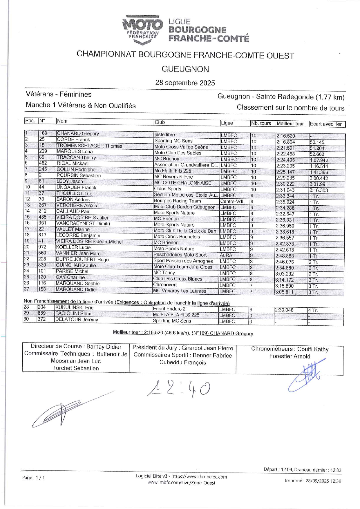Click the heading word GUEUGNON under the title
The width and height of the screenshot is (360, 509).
[x=185, y=69]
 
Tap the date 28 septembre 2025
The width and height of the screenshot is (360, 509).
[x=185, y=83]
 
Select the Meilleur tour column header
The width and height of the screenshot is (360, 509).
[x=290, y=124]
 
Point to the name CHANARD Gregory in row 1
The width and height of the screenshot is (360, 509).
[x=78, y=134]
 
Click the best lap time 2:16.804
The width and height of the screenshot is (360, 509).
[x=285, y=142]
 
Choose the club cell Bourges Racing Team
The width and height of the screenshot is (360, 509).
[x=177, y=201]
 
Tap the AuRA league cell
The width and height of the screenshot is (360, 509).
[x=226, y=256]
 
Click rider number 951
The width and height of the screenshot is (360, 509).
[x=42, y=223]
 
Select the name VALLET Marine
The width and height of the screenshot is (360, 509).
[x=73, y=229]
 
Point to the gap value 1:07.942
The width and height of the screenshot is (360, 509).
[x=319, y=160]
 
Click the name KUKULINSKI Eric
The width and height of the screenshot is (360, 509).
[x=74, y=308]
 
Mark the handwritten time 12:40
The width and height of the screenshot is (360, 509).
[x=179, y=389]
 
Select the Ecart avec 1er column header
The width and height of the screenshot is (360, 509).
[x=326, y=124]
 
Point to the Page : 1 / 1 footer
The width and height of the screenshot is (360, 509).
[x=33, y=478]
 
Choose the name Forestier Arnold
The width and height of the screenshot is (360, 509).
[x=290, y=356]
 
